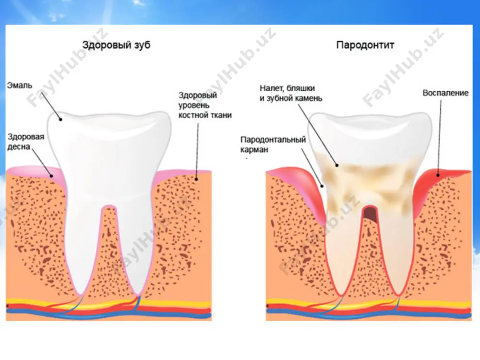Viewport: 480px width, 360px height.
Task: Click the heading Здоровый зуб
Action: tap(116, 45)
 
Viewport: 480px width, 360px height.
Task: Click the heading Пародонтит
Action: tap(365, 45)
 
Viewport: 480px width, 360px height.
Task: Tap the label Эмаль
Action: tap(20, 85)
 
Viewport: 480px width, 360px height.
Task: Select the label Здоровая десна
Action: tap(26, 142)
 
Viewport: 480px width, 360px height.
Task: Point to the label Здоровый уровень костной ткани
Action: tap(205, 105)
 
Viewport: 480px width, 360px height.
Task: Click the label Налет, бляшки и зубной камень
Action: tap(291, 93)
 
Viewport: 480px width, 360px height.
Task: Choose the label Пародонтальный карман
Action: tap(273, 144)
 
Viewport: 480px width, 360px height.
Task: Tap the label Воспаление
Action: tap(445, 93)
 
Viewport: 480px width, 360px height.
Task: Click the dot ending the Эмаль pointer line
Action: tap(60, 120)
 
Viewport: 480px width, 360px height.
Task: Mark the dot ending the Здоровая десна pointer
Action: tap(52, 176)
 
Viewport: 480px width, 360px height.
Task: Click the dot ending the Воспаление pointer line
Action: tap(438, 175)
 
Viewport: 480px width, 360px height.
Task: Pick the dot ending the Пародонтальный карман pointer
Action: tap(322, 186)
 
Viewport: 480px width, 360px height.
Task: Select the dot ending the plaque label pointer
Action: tap(337, 165)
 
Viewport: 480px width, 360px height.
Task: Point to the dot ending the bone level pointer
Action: tap(196, 180)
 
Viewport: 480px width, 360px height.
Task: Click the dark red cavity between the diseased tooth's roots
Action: tap(370, 214)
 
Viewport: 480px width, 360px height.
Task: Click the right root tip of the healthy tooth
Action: tap(138, 295)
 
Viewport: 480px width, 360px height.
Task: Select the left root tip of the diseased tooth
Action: tap(340, 295)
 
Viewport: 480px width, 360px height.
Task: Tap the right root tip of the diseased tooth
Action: tap(398, 295)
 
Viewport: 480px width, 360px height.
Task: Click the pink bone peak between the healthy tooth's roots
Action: tap(109, 206)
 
